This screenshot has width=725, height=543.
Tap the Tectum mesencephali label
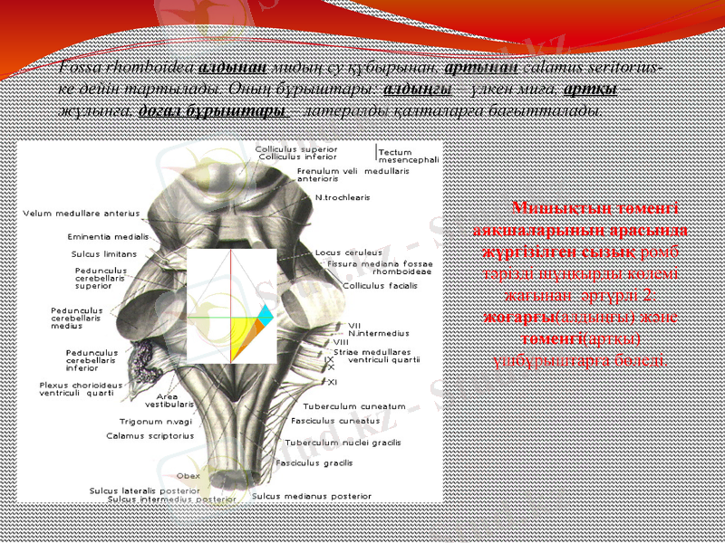click(409, 156)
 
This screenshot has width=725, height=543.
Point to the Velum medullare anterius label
click(81, 214)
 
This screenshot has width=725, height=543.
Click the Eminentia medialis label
click(107, 237)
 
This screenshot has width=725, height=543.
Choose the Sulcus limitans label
click(103, 254)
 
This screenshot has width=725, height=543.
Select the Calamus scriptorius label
click(150, 435)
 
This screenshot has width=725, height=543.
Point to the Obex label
click(188, 475)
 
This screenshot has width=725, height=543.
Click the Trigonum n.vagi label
click(156, 422)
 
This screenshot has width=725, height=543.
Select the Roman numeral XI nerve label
click(333, 381)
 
